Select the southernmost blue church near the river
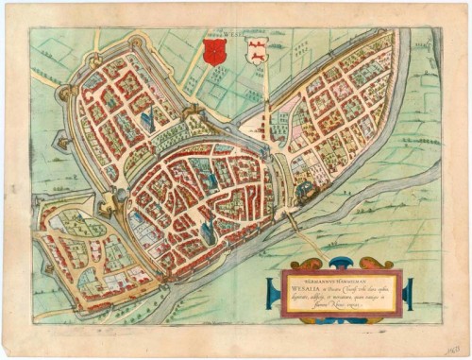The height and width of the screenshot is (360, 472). [209, 226]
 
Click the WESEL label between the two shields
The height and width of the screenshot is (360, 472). [233, 37]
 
